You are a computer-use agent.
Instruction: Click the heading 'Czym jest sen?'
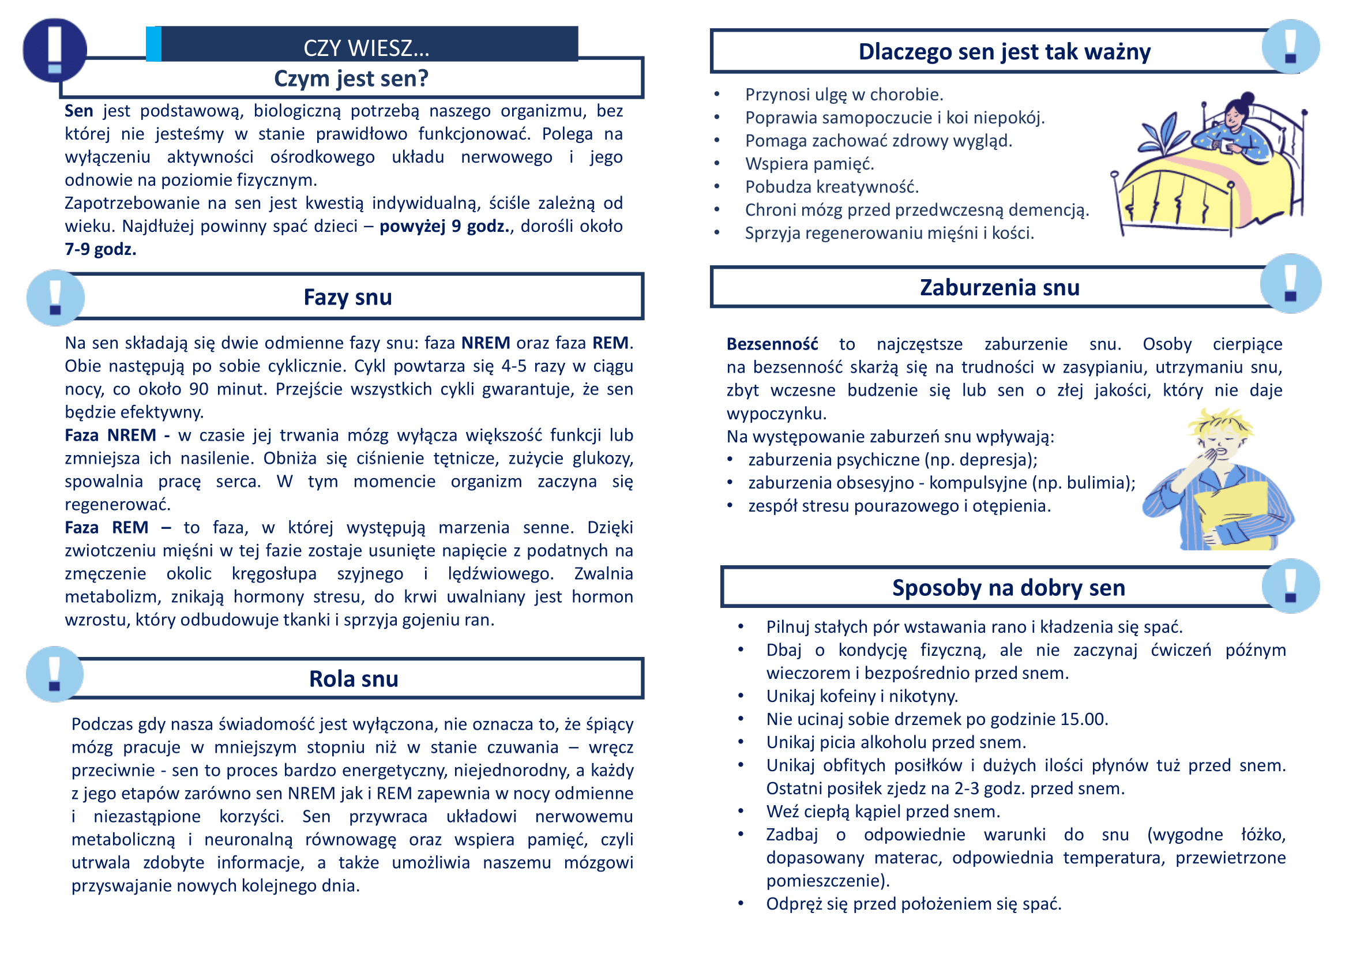tap(351, 78)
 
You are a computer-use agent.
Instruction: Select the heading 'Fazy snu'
tap(347, 297)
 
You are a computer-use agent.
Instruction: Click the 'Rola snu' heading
tap(353, 679)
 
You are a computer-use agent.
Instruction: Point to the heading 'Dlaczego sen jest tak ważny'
tap(1004, 52)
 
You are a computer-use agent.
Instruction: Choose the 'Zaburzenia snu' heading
tap(999, 288)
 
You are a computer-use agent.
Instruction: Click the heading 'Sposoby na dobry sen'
tap(1008, 588)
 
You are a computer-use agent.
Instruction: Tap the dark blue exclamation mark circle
tap(55, 50)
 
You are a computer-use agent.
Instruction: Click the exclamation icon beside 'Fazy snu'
tap(56, 298)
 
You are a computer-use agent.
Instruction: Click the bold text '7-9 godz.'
tap(100, 250)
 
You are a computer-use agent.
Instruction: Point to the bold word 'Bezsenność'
tap(772, 344)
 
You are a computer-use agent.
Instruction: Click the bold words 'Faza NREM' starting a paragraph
tap(111, 435)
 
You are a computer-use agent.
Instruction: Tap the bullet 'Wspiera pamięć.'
tap(809, 164)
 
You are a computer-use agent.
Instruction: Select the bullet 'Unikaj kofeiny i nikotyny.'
tap(861, 696)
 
